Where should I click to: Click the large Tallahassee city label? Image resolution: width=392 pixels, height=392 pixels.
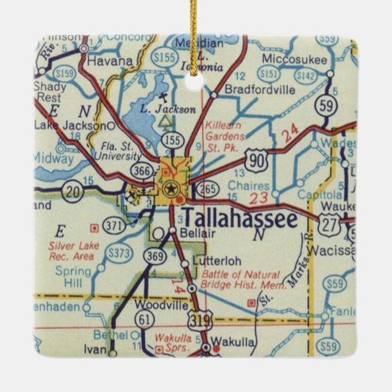(239, 218)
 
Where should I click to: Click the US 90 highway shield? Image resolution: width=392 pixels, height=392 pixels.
(278, 156)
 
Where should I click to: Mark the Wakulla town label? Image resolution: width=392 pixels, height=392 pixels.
(232, 343)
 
